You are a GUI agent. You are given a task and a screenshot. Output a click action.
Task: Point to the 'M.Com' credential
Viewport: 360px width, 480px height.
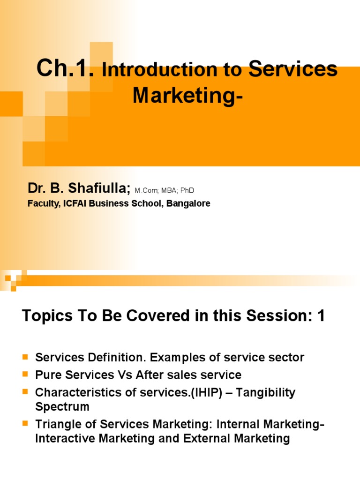[x=146, y=191]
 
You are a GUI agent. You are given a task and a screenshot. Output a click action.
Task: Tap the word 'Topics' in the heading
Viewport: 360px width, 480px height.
[x=45, y=316]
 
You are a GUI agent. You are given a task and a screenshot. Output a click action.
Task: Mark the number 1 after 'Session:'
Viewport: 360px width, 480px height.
[x=321, y=316]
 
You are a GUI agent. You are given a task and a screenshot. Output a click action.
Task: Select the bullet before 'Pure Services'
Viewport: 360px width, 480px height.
[x=26, y=375]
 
